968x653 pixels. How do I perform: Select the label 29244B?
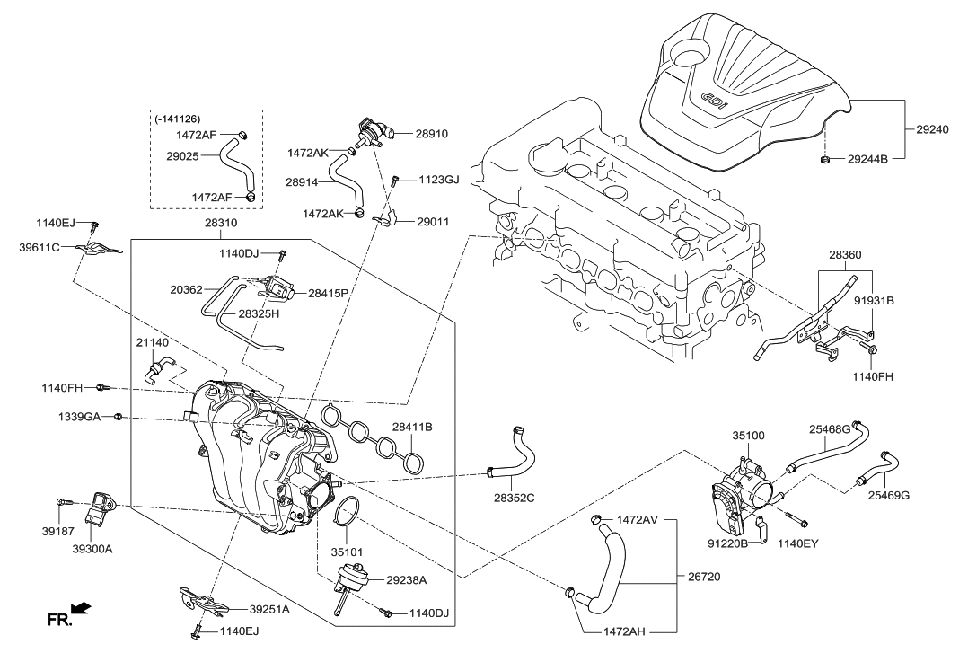pyautogui.click(x=867, y=160)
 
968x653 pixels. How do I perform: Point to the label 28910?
pyautogui.click(x=431, y=134)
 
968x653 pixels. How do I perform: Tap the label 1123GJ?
pyautogui.click(x=438, y=180)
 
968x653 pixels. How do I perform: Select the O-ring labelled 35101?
pyautogui.click(x=346, y=516)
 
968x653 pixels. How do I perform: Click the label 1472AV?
pyautogui.click(x=638, y=519)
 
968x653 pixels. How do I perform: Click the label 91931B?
pyautogui.click(x=873, y=300)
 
